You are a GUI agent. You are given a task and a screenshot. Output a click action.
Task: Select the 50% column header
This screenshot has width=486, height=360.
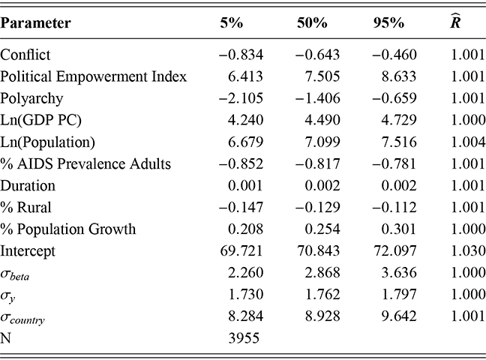pyautogui.click(x=312, y=23)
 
